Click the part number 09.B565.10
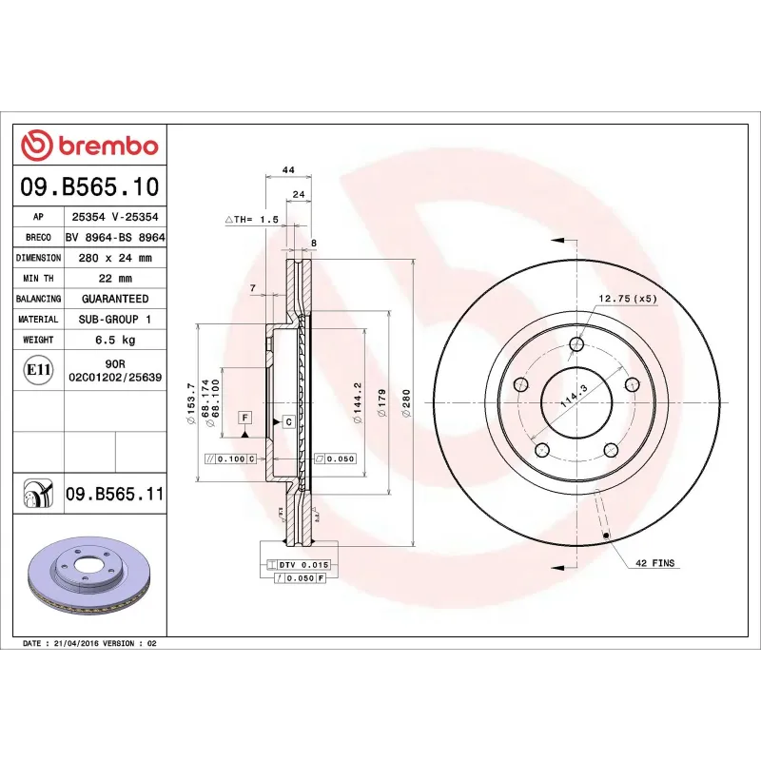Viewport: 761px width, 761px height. (x=90, y=186)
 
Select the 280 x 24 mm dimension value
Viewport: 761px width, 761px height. (x=115, y=258)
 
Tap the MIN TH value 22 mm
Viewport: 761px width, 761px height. (x=115, y=279)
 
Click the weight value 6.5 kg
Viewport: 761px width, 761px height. (x=115, y=340)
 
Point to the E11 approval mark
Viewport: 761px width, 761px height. (x=38, y=369)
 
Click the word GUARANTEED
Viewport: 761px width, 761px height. (x=115, y=299)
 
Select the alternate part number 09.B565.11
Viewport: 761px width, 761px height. (x=115, y=494)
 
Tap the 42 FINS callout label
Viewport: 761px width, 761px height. (x=654, y=563)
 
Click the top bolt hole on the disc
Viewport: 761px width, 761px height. (x=576, y=344)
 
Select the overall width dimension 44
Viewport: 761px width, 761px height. (x=286, y=169)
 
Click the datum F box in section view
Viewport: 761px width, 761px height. (x=244, y=418)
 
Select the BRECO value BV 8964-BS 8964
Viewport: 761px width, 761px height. (x=115, y=238)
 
